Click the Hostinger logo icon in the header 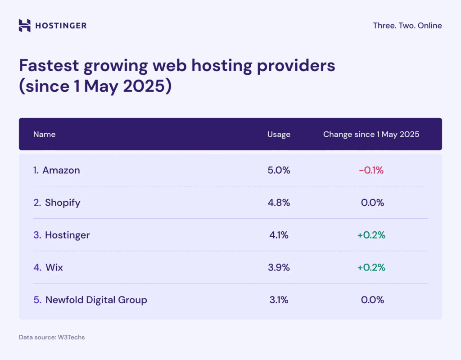coord(25,26)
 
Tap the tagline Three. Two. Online coord(407,26)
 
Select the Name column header coord(44,134)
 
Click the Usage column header coord(279,134)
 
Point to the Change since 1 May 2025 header coord(371,134)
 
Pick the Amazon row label coord(61,170)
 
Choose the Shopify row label coord(62,202)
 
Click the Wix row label coord(54,267)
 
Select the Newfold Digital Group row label coord(96,300)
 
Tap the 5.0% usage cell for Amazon coord(279,170)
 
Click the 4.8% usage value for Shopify coord(279,202)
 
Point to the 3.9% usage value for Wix coord(279,267)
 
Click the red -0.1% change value coord(371,170)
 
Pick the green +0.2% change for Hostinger coord(371,235)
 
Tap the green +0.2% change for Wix coord(371,267)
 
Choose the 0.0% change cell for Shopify coord(372,202)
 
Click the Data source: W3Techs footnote coord(51,337)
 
